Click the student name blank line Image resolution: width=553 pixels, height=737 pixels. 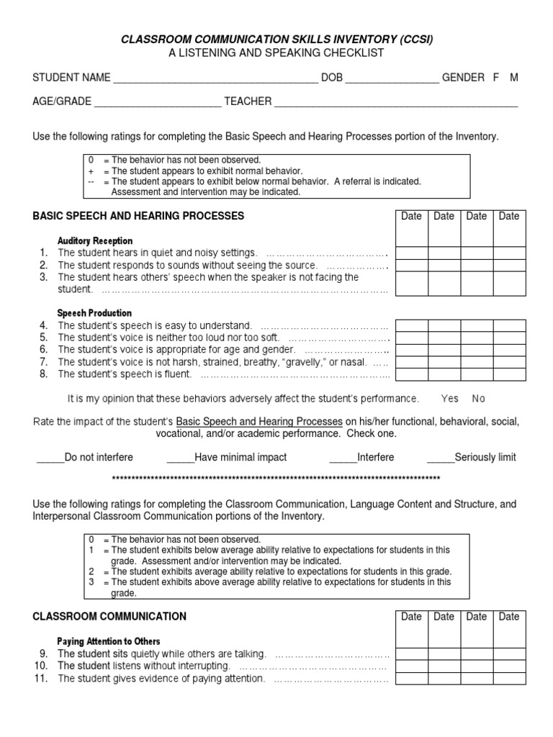[215, 78]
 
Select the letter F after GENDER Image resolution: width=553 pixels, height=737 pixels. [496, 78]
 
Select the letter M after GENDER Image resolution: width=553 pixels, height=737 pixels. [513, 78]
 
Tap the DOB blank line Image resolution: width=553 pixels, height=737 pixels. [392, 78]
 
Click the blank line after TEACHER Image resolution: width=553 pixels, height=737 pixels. [396, 102]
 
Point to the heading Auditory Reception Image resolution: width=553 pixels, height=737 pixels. [95, 240]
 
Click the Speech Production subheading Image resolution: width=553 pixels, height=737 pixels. [94, 313]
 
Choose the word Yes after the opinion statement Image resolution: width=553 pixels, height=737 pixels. [450, 398]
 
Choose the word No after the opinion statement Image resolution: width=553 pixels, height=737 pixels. [479, 398]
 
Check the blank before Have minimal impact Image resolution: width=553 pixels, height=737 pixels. [180, 458]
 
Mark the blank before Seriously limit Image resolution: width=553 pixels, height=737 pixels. [440, 458]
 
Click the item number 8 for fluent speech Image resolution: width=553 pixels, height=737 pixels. [43, 374]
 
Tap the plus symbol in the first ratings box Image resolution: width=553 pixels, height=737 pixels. [91, 171]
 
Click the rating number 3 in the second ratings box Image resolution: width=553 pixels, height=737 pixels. [91, 582]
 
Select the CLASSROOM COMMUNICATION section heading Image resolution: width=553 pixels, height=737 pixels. [109, 617]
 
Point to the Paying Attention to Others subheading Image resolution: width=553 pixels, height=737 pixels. [109, 641]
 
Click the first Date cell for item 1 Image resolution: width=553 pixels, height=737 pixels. [412, 253]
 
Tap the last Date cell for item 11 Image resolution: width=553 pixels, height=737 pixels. [509, 679]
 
